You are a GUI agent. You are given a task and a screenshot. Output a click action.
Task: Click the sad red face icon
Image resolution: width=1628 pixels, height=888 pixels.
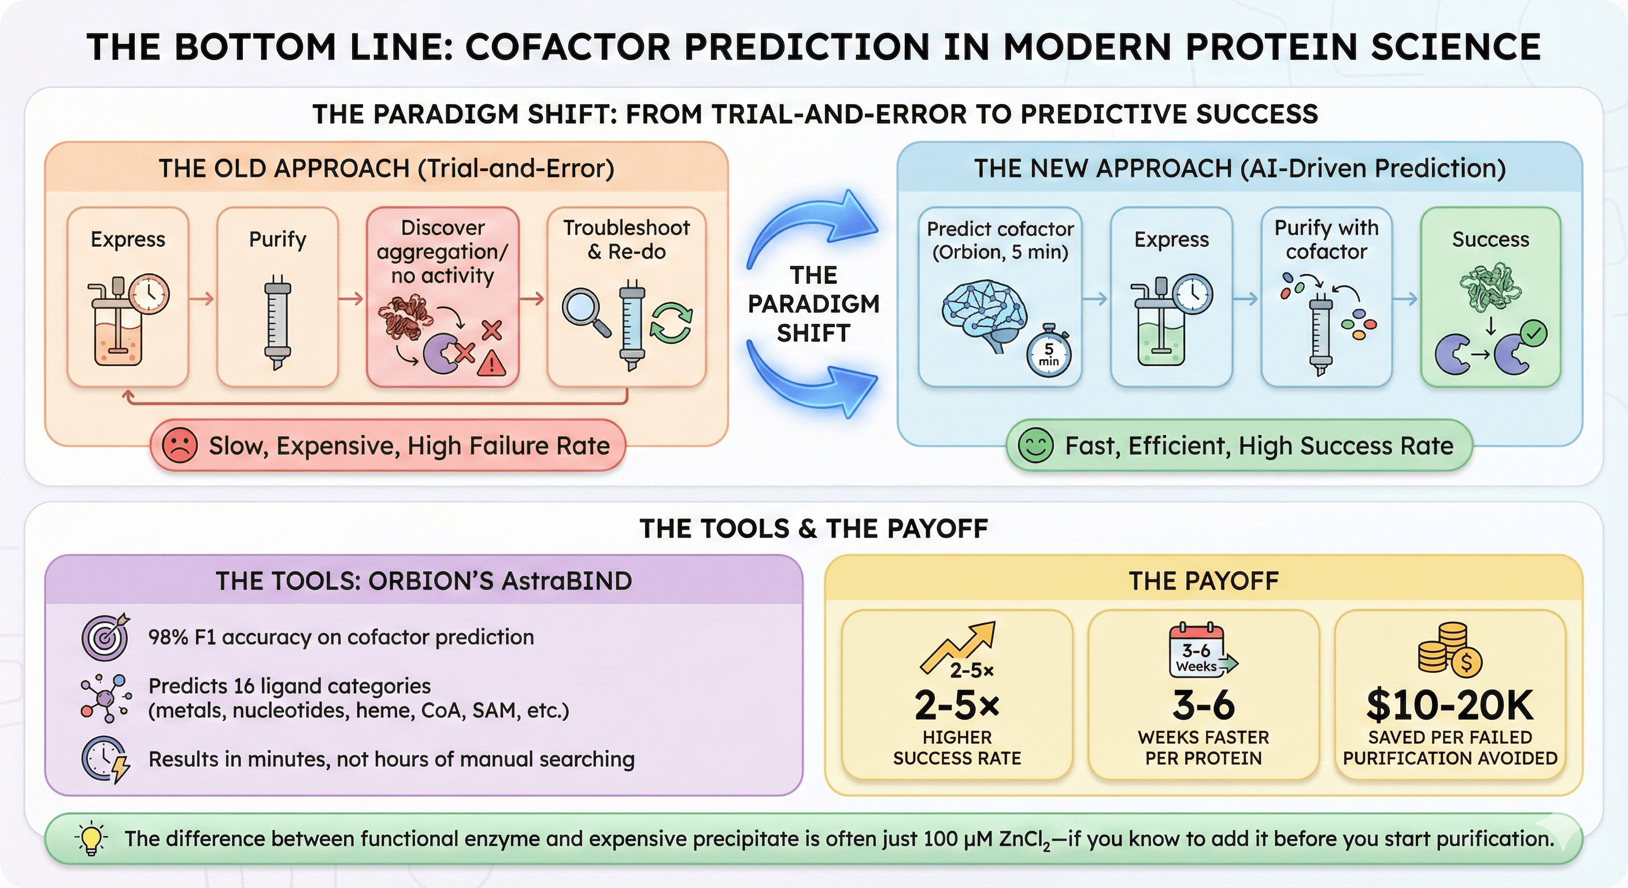(179, 445)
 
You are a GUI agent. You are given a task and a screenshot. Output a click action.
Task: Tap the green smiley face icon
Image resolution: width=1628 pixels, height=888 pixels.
(1035, 445)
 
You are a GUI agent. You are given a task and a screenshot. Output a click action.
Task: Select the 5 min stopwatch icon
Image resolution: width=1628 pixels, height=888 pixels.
(1049, 352)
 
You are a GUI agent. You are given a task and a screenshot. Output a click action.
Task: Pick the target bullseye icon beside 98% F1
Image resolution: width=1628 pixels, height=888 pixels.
(105, 637)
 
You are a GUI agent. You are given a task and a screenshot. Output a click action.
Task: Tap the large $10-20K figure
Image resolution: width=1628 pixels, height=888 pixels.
(1449, 705)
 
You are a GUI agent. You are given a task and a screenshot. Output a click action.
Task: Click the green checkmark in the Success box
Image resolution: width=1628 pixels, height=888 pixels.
(1534, 332)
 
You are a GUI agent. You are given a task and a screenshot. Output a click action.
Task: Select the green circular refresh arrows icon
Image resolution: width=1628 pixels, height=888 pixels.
(671, 323)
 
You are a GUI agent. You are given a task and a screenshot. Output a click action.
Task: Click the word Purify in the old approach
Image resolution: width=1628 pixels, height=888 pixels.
(277, 239)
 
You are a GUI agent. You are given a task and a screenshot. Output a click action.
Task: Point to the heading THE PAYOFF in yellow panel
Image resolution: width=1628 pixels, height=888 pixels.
(1203, 581)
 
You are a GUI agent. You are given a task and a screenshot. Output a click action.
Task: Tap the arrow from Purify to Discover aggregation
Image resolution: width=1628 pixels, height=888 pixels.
(352, 299)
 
